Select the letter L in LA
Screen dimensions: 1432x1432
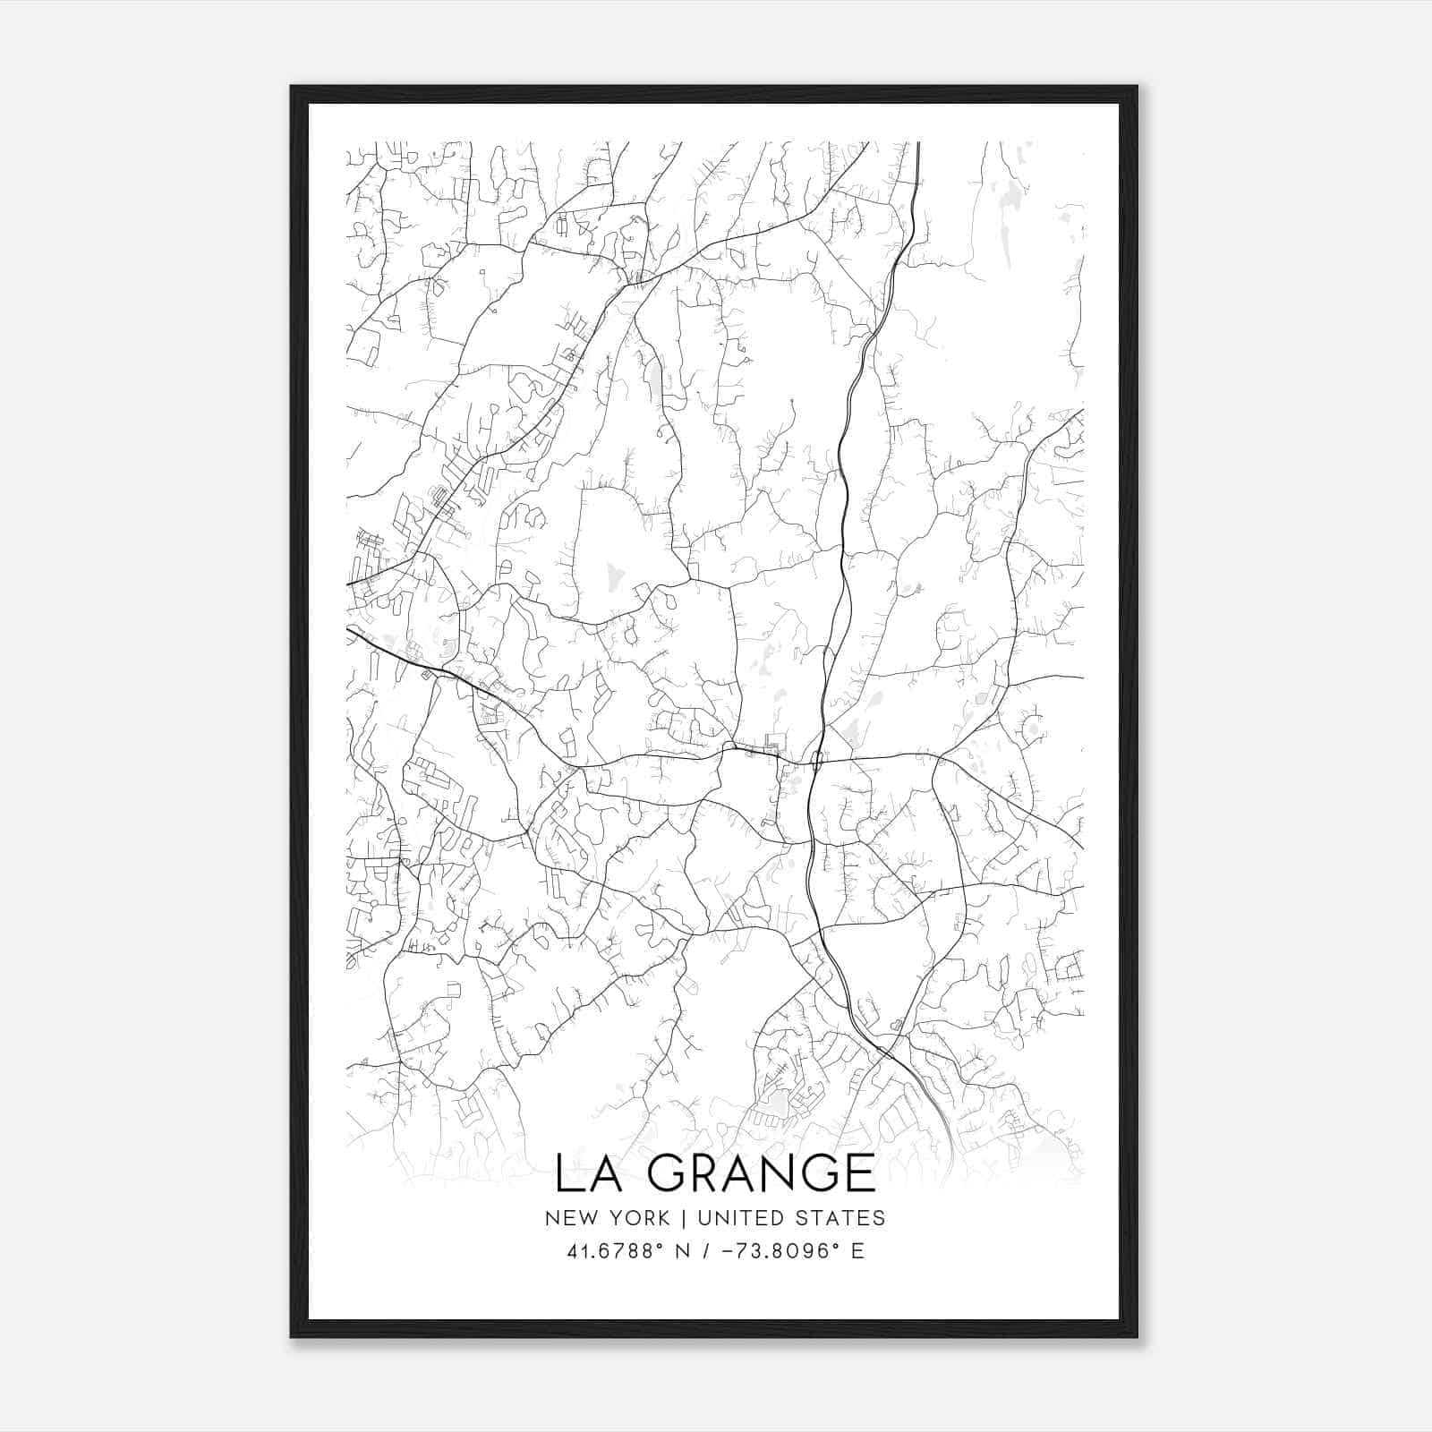(567, 1172)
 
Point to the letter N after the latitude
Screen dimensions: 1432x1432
(682, 1251)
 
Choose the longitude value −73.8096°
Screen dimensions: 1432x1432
(781, 1251)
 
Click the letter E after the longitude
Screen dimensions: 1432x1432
(857, 1251)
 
